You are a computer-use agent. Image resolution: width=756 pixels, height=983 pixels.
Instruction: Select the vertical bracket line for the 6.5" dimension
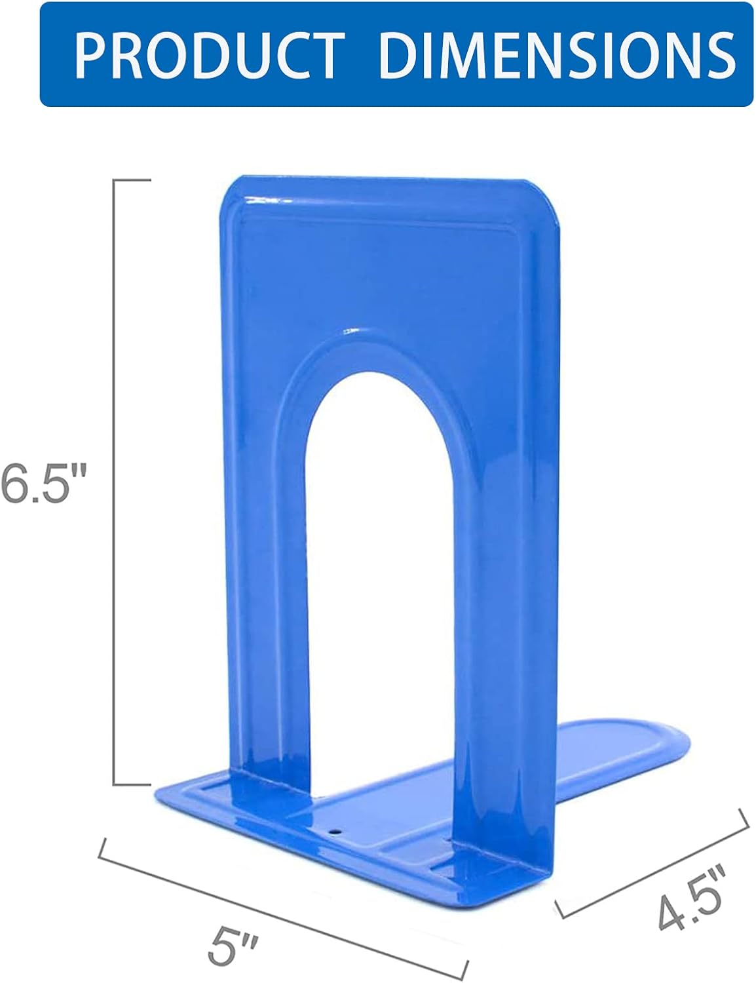point(115,482)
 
